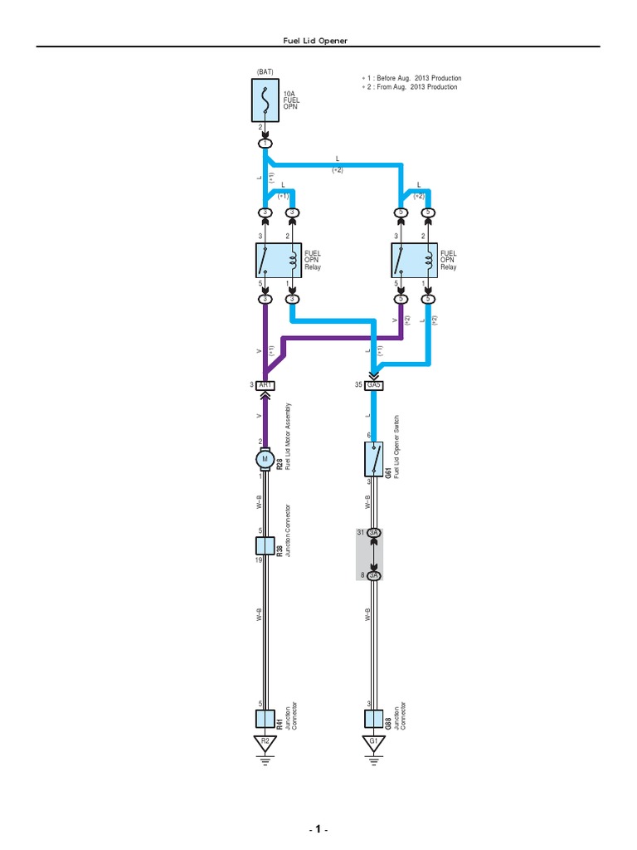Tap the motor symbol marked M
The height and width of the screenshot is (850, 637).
coord(265,458)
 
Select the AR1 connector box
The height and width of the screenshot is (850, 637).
coord(265,385)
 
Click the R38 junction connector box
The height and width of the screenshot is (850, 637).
coord(265,546)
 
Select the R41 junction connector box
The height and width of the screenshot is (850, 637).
coord(265,719)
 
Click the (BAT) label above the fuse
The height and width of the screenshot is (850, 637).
coord(265,72)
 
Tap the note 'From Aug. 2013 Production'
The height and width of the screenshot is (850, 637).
coord(409,87)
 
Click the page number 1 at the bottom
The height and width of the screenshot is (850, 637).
coord(319,830)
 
